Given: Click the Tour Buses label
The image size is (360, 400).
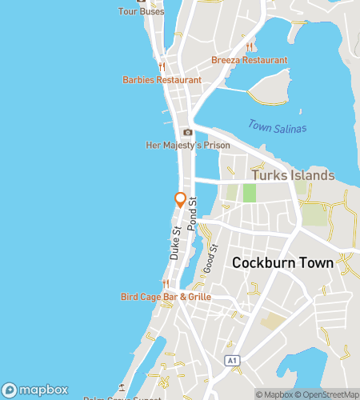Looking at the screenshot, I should coord(141,12).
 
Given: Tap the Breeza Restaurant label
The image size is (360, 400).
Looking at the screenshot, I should coord(250,60).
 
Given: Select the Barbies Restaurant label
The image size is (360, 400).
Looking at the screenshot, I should coord(162,80).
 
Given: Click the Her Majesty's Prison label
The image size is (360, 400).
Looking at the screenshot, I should coord(188,146).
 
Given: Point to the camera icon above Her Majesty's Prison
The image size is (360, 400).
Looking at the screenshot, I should coord(187,132).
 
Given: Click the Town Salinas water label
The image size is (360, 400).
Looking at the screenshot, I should coord(277,126).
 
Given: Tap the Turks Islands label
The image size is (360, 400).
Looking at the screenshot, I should coord(293,175).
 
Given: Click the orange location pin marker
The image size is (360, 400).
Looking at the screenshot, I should coord(181,200).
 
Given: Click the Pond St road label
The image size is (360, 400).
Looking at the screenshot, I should coord(191,215).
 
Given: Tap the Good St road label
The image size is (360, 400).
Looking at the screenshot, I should coord(211,258).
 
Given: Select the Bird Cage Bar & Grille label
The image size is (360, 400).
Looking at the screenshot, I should coord(166,297).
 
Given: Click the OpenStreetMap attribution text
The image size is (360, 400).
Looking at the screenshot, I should coord(328,394).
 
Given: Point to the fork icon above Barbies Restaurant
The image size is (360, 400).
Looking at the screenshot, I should coord(162,67).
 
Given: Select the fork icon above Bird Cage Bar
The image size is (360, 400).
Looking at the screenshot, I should coord(166,284).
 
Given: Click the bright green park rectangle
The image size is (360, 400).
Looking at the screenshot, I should coord(249,192).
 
